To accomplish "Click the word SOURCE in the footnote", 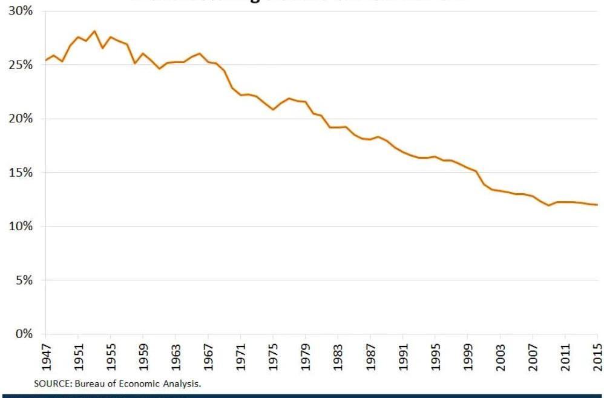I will tap(50, 384).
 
